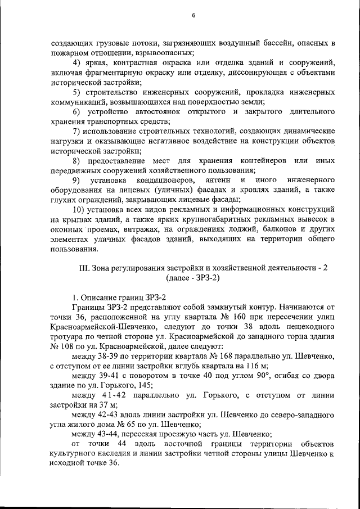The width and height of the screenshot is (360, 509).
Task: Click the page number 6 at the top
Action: (193, 16)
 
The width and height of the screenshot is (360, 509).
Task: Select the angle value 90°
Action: (236, 375)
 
